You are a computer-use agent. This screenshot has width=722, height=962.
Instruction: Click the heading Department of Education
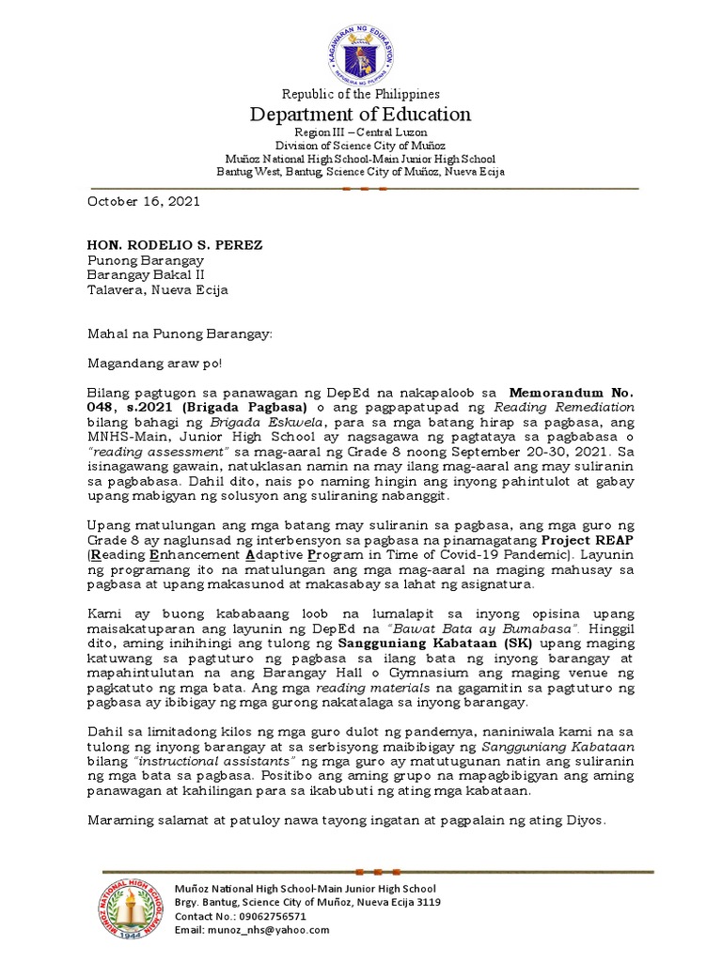(x=360, y=115)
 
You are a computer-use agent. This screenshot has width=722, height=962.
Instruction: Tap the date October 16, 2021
(x=144, y=201)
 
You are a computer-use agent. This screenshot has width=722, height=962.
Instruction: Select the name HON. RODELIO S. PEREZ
(x=175, y=245)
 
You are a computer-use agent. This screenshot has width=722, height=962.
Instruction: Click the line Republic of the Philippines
(x=361, y=94)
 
